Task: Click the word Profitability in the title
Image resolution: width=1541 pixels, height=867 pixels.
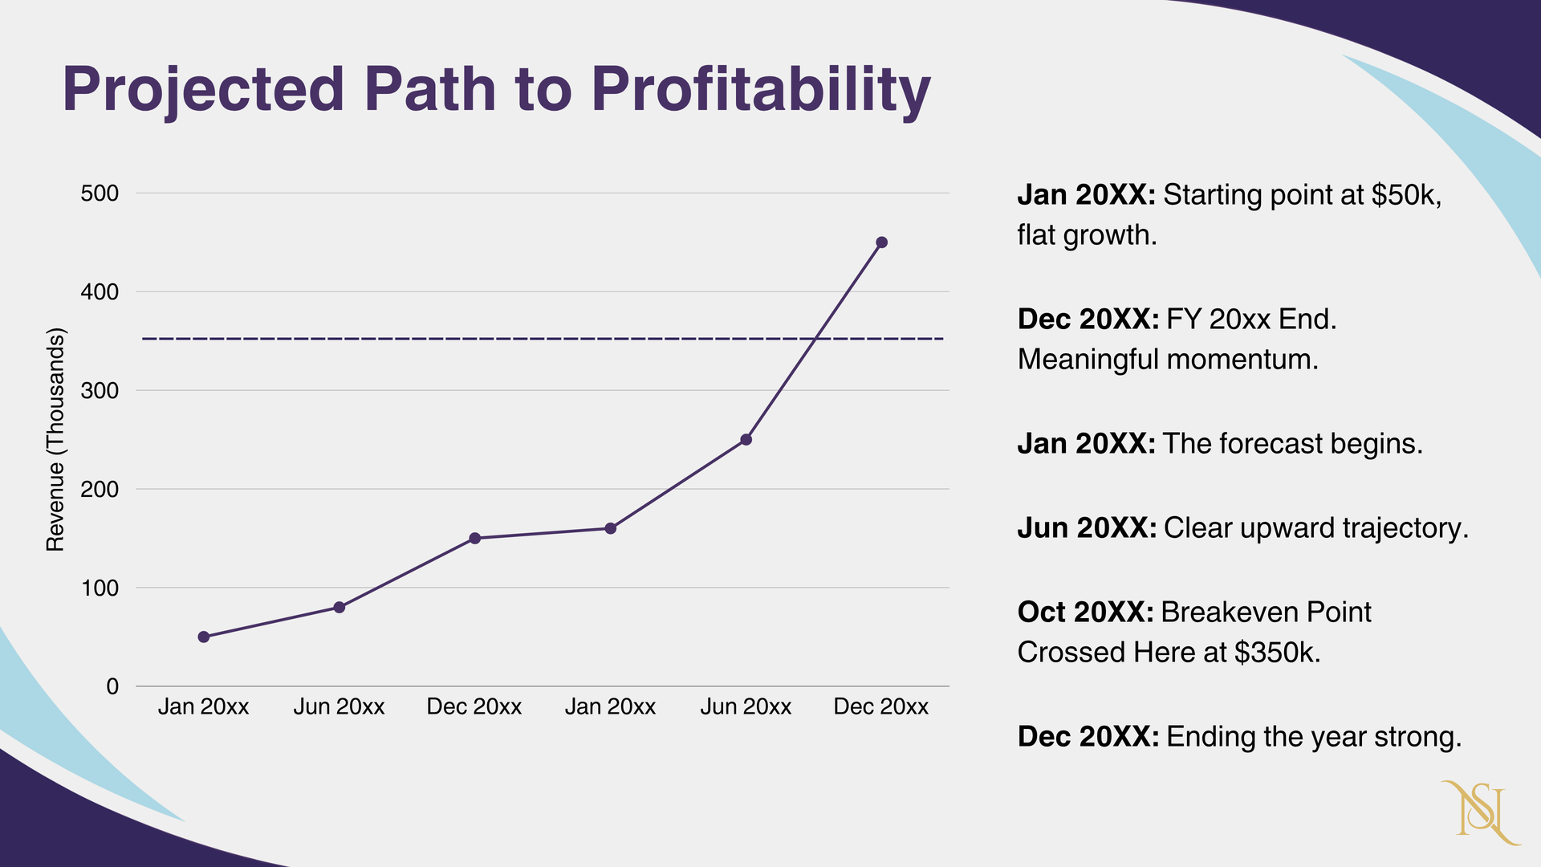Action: click(761, 90)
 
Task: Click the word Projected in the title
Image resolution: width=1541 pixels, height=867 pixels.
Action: click(203, 90)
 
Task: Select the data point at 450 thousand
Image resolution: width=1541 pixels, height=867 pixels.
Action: click(881, 242)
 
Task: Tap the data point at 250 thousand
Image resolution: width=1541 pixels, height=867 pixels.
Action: click(746, 440)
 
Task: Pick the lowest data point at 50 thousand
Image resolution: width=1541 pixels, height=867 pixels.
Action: click(204, 637)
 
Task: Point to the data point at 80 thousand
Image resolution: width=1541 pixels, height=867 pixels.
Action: click(339, 608)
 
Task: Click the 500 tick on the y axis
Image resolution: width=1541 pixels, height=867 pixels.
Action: click(100, 193)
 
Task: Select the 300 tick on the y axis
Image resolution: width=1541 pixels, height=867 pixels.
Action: click(100, 391)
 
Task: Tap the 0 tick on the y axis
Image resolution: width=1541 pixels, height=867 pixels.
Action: click(112, 687)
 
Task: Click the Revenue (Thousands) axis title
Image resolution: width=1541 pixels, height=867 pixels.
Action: click(55, 440)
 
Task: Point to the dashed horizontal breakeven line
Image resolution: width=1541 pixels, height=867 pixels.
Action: click(482, 340)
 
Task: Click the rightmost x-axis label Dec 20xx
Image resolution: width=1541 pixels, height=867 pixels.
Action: click(880, 707)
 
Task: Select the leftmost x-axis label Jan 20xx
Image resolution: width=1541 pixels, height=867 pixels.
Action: click(203, 707)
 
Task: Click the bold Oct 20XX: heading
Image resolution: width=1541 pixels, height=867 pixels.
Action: click(1085, 613)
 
